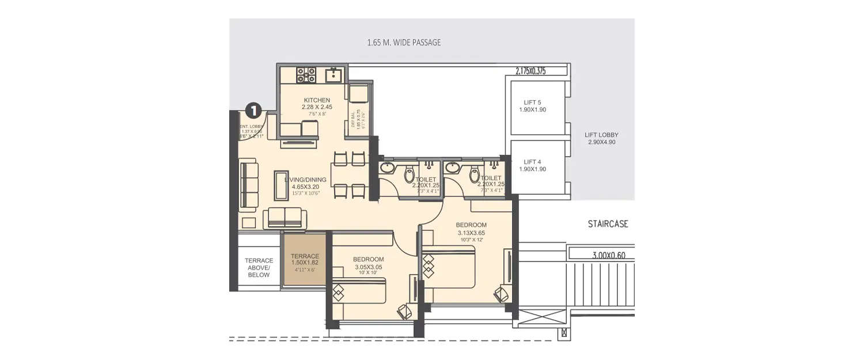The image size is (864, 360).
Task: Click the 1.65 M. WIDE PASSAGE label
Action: coord(404,43)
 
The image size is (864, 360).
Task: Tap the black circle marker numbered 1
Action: coord(253,110)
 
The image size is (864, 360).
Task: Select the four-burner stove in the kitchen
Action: coord(306,75)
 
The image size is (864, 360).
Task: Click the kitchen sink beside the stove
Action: coord(334,75)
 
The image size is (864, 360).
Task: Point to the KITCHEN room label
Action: coord(316,101)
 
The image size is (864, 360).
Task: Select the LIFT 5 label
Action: coord(532,103)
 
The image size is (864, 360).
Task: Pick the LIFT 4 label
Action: coord(532,162)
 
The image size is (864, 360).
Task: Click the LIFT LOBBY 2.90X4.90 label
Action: coord(601,138)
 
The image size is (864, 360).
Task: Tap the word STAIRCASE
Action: coord(608,223)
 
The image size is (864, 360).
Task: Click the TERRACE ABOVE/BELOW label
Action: coord(259,268)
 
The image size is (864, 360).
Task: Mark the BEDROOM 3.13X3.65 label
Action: coord(471,229)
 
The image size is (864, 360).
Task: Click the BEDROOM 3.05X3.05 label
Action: coord(368,263)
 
